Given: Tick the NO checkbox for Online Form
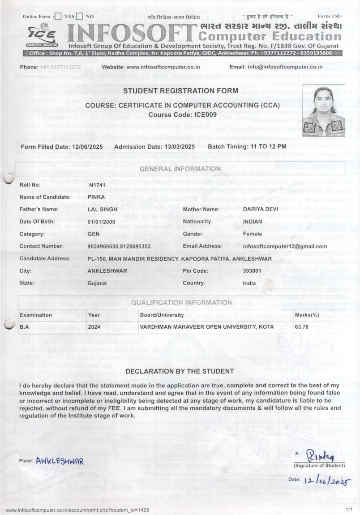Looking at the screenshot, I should [x=80, y=17].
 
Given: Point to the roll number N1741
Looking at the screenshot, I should [x=97, y=185].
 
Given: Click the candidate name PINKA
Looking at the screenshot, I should [x=96, y=197].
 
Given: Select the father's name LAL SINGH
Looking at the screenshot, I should [x=102, y=209].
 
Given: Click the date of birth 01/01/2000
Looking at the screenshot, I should [x=102, y=222].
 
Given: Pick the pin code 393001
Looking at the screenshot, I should [x=252, y=271].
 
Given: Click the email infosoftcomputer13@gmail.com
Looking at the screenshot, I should [x=284, y=246].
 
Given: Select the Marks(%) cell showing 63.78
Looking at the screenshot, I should [x=301, y=327].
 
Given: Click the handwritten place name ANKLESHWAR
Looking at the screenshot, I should [x=60, y=461].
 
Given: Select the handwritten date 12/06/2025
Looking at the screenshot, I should [x=326, y=481].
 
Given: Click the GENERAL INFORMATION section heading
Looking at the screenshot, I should [x=180, y=169].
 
